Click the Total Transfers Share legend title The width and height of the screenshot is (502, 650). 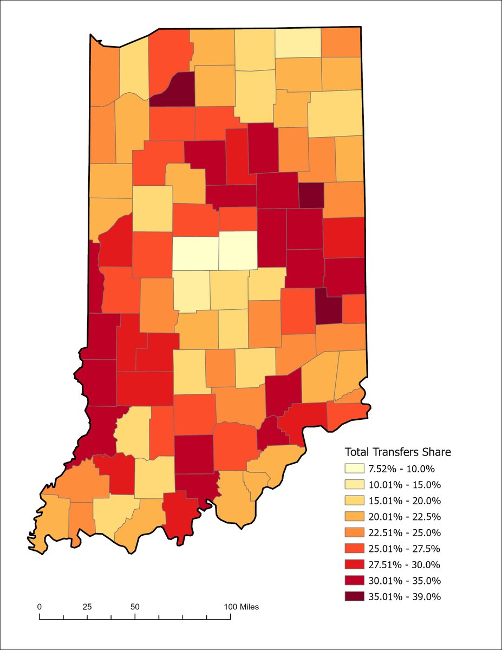pyautogui.click(x=398, y=452)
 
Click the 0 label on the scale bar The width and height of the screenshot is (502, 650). pyautogui.click(x=40, y=607)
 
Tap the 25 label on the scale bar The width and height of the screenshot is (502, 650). pyautogui.click(x=87, y=607)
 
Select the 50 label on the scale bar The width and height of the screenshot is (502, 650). pyautogui.click(x=135, y=607)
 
